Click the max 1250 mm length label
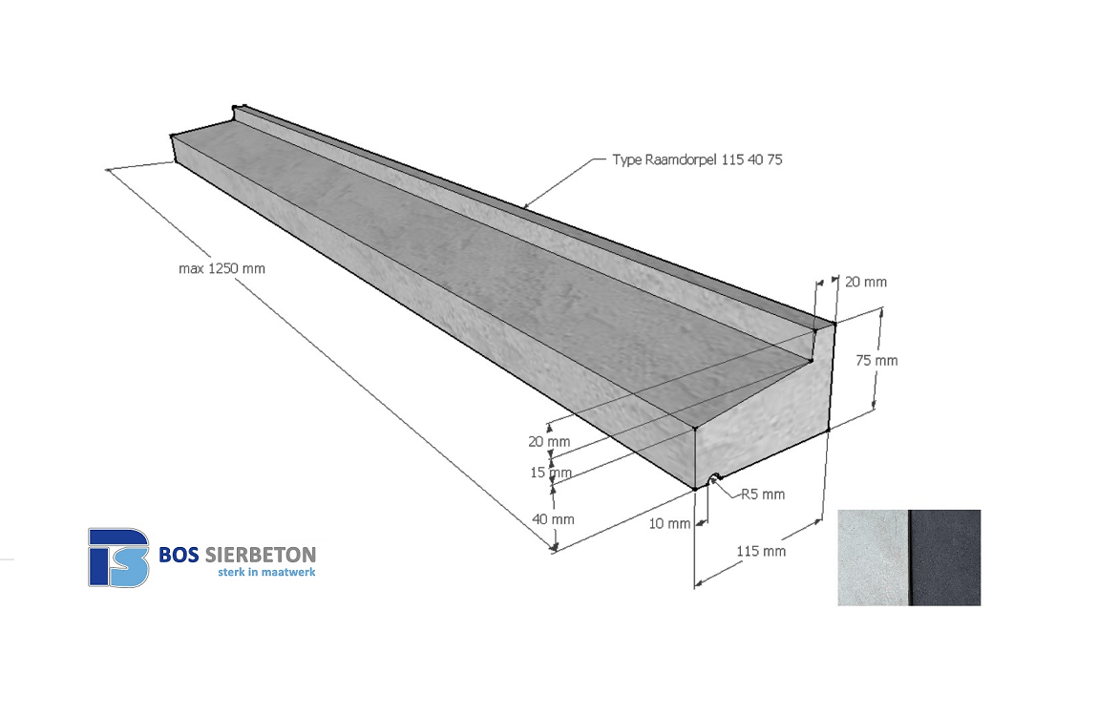222,269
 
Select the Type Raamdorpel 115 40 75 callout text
697,159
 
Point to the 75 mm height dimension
876,361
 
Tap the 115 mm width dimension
761,552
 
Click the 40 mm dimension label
553,519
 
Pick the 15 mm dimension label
551,473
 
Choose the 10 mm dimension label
669,523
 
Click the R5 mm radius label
763,495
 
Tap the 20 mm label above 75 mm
866,282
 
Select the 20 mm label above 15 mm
549,442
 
